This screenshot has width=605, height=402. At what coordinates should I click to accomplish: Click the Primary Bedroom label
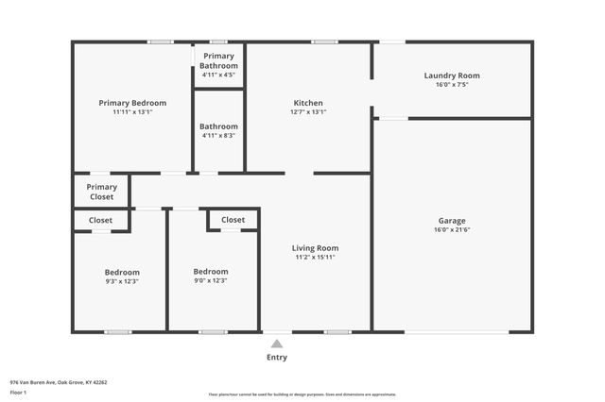click(132, 103)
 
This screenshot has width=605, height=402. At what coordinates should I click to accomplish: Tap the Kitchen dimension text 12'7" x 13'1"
click(308, 111)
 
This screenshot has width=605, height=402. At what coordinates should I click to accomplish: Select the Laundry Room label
click(451, 75)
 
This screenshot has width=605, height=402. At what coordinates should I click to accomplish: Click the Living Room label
click(315, 247)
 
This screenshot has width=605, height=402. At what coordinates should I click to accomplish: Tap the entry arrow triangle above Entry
click(276, 344)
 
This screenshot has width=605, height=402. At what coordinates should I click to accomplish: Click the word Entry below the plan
click(276, 358)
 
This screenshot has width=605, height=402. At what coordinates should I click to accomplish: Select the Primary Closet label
click(101, 192)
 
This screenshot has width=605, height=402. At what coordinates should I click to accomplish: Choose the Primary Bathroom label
click(218, 60)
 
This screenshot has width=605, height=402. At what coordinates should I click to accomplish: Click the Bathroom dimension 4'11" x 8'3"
click(218, 135)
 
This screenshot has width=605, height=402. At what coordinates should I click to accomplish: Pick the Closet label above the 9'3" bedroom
click(100, 220)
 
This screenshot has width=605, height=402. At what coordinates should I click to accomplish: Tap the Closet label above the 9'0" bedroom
click(233, 220)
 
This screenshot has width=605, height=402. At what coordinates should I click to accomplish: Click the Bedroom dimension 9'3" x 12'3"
click(122, 280)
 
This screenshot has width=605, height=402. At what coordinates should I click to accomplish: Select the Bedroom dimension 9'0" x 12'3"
click(210, 280)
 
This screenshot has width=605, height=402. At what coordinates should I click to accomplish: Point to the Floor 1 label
click(18, 392)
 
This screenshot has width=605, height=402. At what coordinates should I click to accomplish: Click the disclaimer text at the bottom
click(302, 394)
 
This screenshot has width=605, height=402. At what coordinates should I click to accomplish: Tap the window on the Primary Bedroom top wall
click(160, 42)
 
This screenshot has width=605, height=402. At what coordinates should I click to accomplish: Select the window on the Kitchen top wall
click(325, 42)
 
